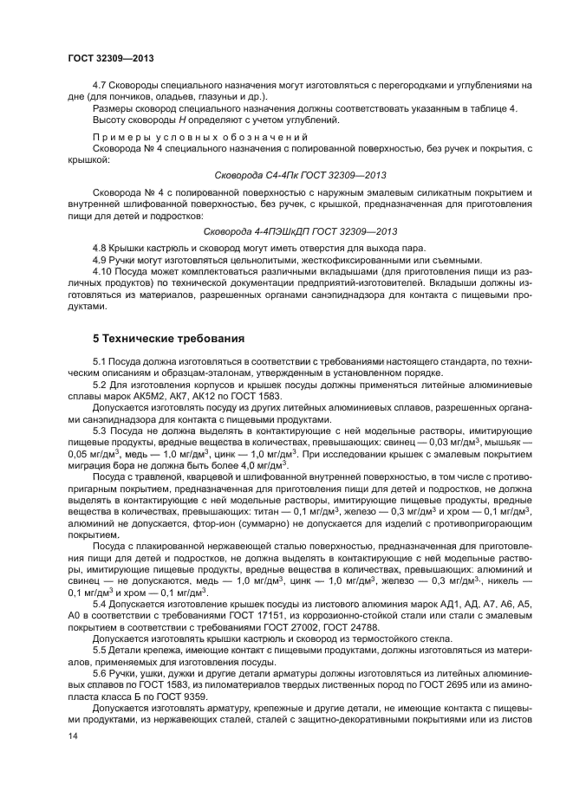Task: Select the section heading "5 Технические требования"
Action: tap(168, 337)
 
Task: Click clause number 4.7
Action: tap(100, 85)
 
